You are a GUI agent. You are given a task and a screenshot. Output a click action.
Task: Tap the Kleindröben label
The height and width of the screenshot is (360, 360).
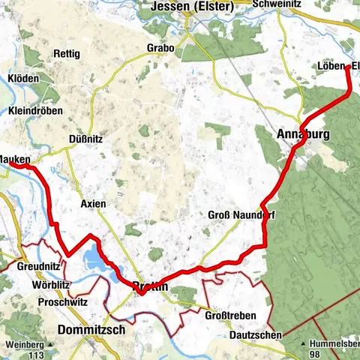tap(35, 110)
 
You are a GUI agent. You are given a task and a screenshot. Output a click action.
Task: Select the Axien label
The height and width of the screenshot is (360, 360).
tap(93, 203)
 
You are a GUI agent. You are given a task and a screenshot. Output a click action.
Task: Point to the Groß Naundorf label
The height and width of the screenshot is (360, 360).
tap(238, 214)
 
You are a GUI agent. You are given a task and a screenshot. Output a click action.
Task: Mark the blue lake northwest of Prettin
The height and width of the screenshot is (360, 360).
tap(93, 259)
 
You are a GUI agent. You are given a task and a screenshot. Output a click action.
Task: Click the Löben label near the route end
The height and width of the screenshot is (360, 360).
tap(329, 67)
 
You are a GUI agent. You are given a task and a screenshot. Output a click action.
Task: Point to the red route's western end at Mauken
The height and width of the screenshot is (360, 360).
tap(30, 166)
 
